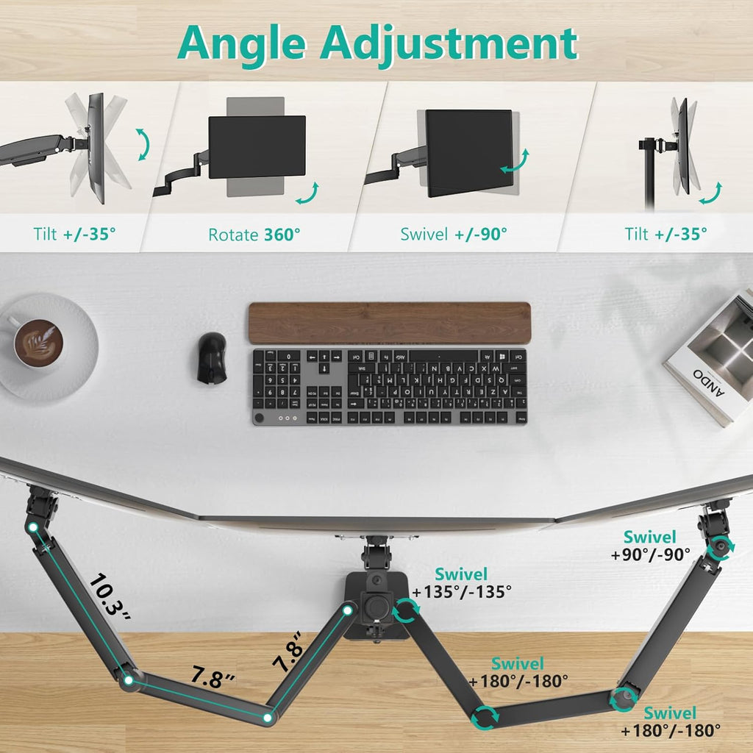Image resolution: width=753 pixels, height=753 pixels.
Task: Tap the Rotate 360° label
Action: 254,235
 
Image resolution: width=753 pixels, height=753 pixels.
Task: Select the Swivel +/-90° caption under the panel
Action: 454,235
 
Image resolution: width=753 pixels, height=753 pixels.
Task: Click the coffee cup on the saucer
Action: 37,342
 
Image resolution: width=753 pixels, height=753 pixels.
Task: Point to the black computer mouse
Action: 212,357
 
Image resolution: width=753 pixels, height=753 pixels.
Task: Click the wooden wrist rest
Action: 389,322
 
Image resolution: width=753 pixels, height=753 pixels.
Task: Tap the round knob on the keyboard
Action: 259,418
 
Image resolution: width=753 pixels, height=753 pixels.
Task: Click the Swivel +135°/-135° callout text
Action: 462,582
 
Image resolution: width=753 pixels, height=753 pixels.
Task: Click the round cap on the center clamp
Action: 377,609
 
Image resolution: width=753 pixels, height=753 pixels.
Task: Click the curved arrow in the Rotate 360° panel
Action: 308,193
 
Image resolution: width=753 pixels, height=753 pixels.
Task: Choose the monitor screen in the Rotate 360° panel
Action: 257,147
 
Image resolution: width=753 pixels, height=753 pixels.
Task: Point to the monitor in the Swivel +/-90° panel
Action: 469,151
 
